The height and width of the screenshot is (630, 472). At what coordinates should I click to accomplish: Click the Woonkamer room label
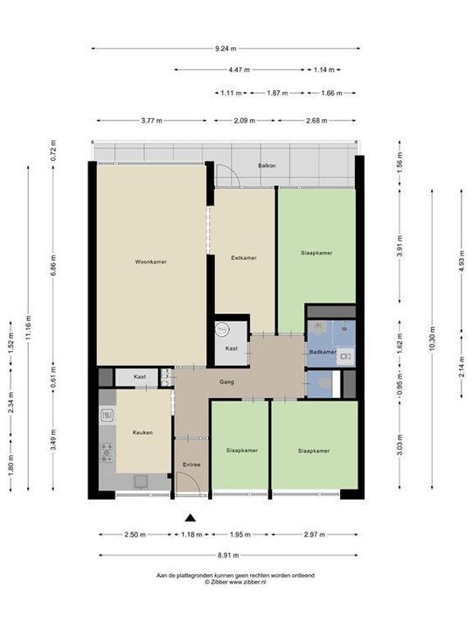coord(150,262)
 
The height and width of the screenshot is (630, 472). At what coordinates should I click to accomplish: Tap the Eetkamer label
coord(243,258)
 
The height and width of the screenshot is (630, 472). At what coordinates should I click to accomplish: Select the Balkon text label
coord(267,164)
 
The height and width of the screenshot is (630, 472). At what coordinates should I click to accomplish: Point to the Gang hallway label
coord(226,382)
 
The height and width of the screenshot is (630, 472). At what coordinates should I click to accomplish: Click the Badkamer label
coord(322,352)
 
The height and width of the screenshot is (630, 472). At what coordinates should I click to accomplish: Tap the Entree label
coord(191,464)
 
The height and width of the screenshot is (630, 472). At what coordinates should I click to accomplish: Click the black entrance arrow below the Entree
coord(190,516)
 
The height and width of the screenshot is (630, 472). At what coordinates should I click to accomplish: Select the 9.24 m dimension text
coord(225,48)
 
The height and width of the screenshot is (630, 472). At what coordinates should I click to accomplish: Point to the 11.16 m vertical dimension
coord(29,329)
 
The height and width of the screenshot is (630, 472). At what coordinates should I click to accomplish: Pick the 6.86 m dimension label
coord(52,262)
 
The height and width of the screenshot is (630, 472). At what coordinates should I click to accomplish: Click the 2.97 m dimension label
coord(314,534)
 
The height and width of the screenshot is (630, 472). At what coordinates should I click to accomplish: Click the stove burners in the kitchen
coord(107,452)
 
